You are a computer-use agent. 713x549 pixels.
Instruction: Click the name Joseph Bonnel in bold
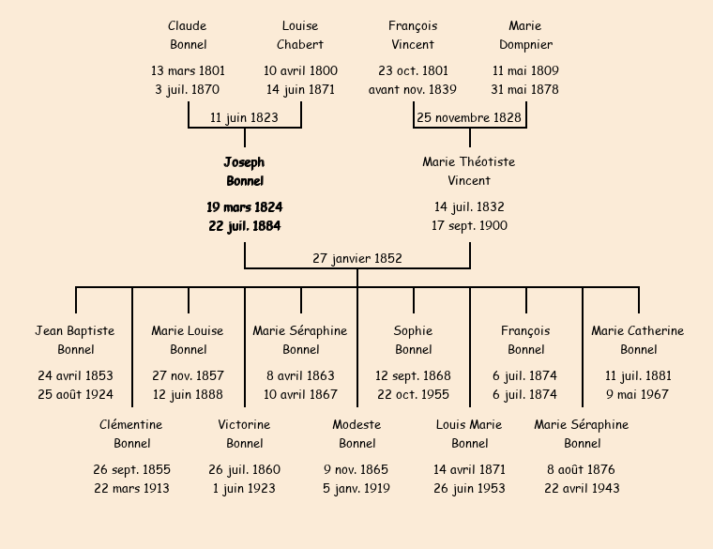click(x=244, y=172)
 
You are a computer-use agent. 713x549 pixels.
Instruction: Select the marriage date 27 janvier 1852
click(x=357, y=258)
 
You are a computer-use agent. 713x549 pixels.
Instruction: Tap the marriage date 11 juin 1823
click(x=244, y=117)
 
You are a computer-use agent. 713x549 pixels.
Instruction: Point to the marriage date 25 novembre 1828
click(x=469, y=117)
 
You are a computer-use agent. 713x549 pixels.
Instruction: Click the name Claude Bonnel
click(x=188, y=35)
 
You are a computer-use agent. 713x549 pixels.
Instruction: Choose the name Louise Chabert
click(x=300, y=35)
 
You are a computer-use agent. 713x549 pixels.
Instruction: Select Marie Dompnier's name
click(x=525, y=35)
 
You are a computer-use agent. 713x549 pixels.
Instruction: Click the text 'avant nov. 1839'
click(x=413, y=90)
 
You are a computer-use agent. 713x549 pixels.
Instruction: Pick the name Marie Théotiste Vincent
click(x=469, y=171)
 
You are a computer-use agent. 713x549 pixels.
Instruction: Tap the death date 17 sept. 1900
click(x=469, y=225)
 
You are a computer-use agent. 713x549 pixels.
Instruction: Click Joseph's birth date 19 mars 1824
click(x=244, y=206)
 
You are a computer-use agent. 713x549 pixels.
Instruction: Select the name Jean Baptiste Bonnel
click(x=75, y=340)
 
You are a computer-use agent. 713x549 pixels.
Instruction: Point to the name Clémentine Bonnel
click(x=131, y=434)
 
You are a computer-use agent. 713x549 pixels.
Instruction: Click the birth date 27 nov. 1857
click(x=188, y=375)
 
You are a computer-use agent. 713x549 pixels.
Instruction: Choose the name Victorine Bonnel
click(x=244, y=434)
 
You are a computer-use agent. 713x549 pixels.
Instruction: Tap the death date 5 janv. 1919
click(x=356, y=488)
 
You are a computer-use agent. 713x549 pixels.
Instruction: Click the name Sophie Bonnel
click(x=413, y=340)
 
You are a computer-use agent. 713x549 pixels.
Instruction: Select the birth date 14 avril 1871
click(x=469, y=469)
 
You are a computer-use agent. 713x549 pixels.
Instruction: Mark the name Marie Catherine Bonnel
click(x=638, y=340)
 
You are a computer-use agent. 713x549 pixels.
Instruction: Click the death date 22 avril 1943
click(x=582, y=488)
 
